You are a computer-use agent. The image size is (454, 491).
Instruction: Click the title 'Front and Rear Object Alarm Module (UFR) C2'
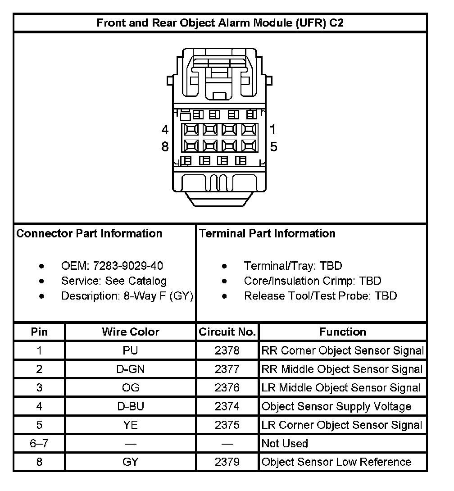[x=220, y=23]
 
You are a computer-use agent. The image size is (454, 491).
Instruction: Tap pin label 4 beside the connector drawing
[x=165, y=130]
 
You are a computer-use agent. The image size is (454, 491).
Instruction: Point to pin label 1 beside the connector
[x=272, y=129]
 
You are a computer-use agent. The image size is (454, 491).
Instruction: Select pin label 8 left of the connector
[x=165, y=147]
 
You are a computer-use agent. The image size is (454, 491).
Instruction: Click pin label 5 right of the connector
[x=273, y=147]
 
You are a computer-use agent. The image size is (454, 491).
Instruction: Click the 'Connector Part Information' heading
[x=89, y=233]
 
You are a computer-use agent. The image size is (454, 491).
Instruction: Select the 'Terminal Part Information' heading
[x=267, y=233]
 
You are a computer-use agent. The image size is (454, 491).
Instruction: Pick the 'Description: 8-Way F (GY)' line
[x=127, y=296]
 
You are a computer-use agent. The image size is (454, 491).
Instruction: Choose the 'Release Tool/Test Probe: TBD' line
[x=320, y=296]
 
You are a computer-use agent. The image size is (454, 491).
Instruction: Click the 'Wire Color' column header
[x=131, y=332]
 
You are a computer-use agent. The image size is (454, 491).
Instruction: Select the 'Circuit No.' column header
[x=227, y=332]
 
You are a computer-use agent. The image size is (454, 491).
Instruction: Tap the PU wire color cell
[x=131, y=350]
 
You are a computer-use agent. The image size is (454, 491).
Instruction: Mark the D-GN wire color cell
[x=131, y=369]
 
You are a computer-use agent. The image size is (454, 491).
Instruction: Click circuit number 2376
[x=227, y=388]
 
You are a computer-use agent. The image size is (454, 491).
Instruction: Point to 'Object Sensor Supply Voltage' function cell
[x=336, y=406]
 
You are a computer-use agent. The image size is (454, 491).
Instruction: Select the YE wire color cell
[x=131, y=425]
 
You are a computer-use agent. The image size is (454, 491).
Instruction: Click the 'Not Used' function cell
[x=285, y=443]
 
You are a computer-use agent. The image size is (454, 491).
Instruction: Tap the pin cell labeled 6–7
[x=39, y=443]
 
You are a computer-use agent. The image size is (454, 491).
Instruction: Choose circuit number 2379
[x=227, y=462]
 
